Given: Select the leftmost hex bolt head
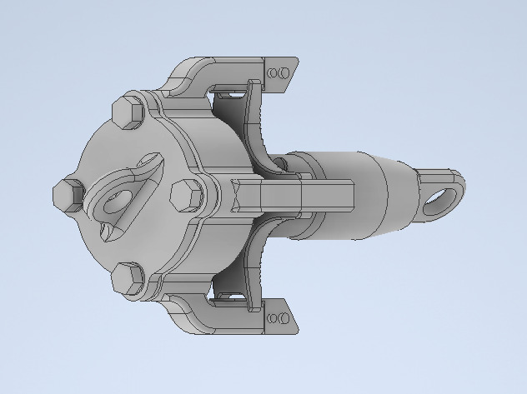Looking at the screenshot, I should tap(66, 194).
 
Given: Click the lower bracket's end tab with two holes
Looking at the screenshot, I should tap(280, 317).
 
